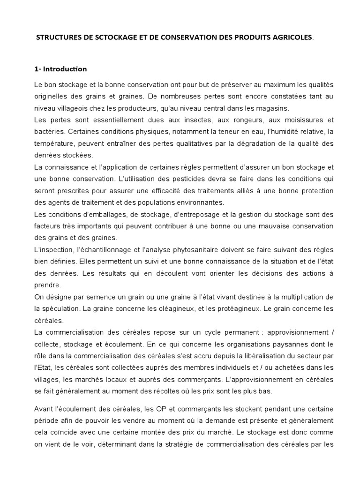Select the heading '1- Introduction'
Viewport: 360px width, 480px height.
(x=60, y=69)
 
